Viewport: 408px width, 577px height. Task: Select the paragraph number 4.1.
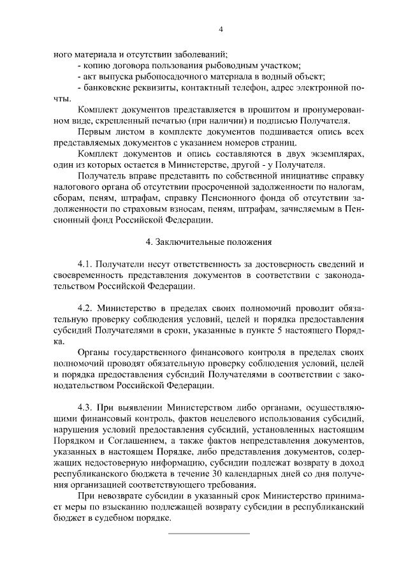(85, 264)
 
